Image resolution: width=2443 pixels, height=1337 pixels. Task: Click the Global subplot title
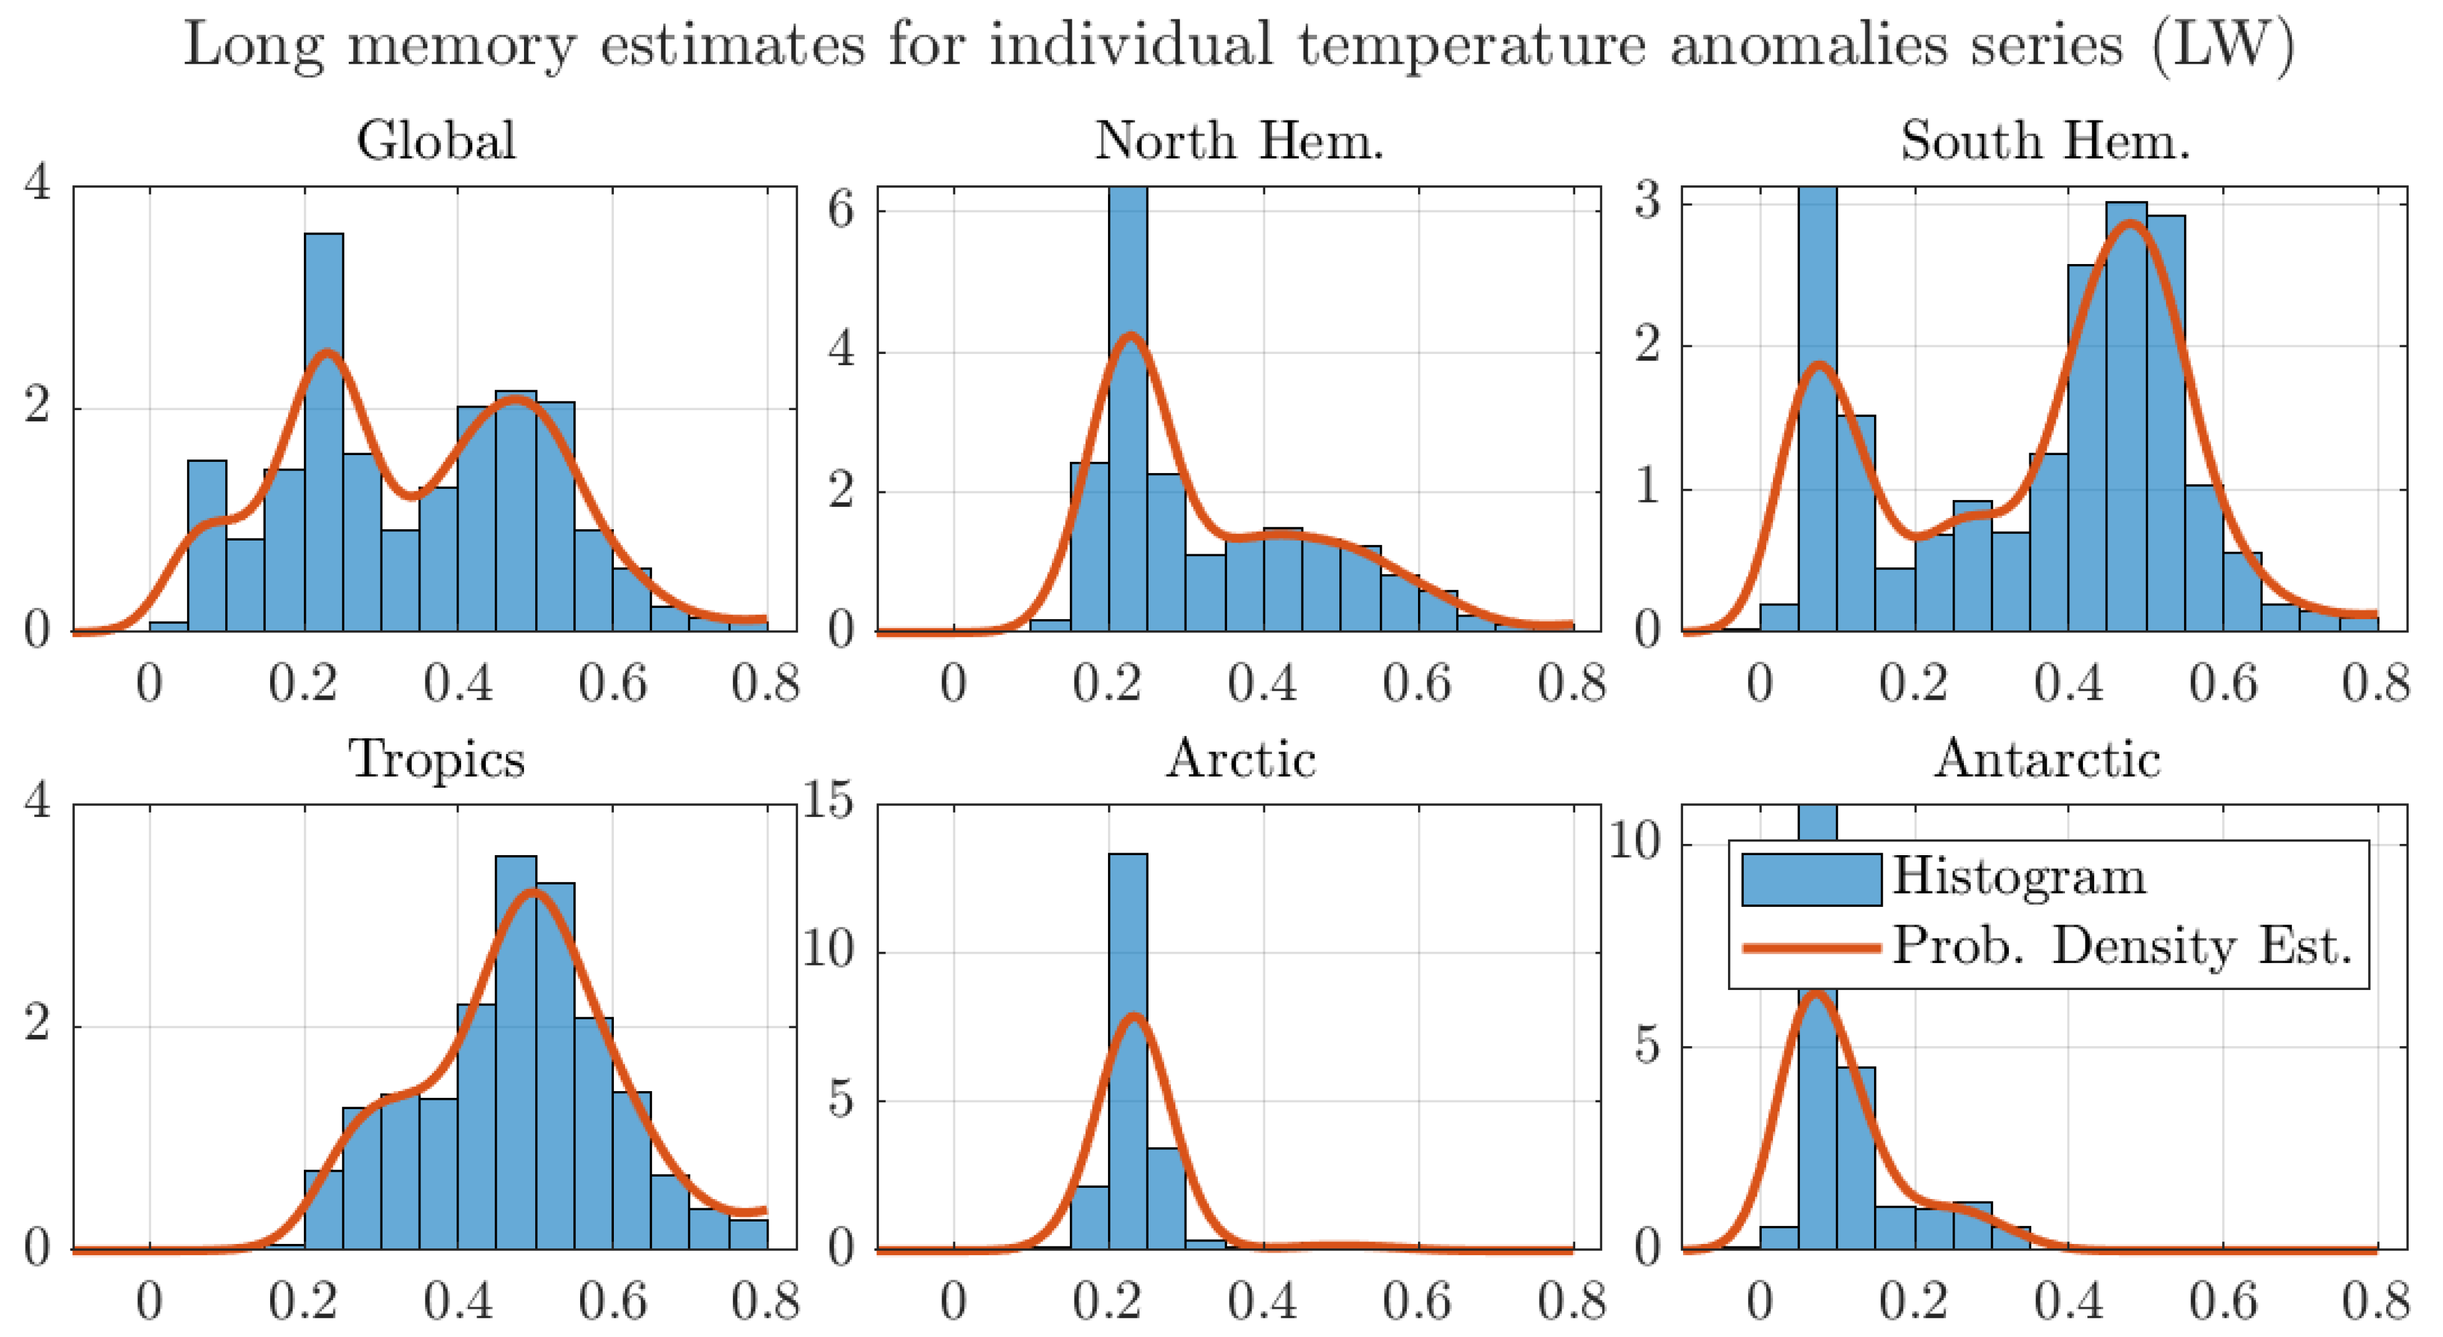point(436,140)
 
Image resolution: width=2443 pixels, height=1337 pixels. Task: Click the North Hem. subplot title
point(1240,140)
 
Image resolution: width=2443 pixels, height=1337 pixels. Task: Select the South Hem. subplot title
point(2046,140)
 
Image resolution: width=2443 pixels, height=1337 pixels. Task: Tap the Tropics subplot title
point(436,759)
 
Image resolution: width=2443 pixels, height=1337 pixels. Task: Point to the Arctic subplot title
point(1240,759)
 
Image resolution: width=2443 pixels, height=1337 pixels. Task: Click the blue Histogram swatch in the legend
point(1812,879)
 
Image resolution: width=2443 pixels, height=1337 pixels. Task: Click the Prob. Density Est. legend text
point(2122,946)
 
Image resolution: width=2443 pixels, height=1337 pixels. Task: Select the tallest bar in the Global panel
point(323,432)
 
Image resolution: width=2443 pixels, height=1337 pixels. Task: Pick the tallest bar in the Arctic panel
point(1128,1051)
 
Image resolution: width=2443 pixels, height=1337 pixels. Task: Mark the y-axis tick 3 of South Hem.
point(1648,202)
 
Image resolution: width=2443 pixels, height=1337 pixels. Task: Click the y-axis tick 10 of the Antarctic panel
point(1636,841)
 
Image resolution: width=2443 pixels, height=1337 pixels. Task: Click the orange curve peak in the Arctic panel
point(1134,1017)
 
